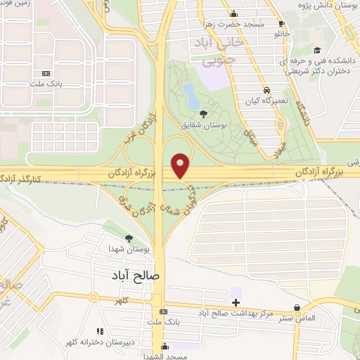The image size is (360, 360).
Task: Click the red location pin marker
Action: (x=181, y=166)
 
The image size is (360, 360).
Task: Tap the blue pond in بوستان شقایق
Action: (x=191, y=92)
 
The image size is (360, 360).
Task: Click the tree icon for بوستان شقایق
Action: (x=203, y=113)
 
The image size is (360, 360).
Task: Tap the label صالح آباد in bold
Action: (x=136, y=276)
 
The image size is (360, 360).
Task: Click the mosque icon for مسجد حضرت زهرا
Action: (x=234, y=13)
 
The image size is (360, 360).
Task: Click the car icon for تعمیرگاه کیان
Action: (x=266, y=90)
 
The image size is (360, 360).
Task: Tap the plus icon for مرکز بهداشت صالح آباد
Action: (x=236, y=302)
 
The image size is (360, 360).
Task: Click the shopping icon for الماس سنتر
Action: (x=298, y=307)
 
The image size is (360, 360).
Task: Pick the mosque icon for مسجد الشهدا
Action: (x=165, y=346)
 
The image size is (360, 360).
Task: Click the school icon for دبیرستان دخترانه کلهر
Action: (x=99, y=330)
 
